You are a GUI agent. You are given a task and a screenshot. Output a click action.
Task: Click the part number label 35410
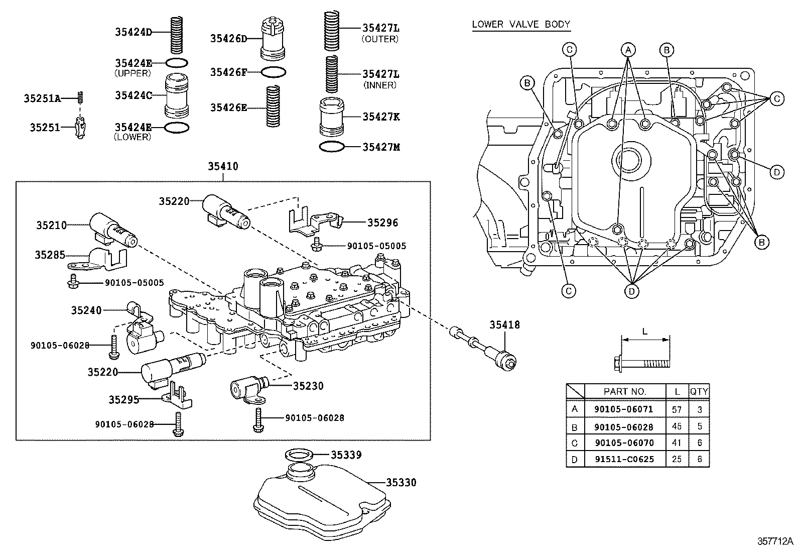pos(223,166)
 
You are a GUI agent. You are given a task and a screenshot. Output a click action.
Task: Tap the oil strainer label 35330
pos(401,483)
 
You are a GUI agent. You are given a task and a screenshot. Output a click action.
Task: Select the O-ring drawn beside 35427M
pos(331,147)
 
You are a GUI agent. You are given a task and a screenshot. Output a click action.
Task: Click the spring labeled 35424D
pos(176,34)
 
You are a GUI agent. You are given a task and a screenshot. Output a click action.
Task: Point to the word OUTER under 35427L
pos(380,39)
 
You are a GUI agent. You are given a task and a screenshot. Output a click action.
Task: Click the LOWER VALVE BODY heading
pos(521,24)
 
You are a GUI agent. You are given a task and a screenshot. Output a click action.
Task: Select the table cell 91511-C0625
pos(623,459)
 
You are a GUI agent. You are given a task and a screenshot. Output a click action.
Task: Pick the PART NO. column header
pos(624,391)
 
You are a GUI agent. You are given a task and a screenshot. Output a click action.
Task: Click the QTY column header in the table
pos(699,391)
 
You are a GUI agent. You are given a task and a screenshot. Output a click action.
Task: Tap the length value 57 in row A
pos(677,409)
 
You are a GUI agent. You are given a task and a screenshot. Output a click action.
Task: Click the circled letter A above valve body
pos(627,49)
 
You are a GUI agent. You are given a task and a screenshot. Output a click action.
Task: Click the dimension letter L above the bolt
pos(645,332)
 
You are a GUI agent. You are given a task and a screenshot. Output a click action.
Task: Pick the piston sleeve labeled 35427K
pos(331,117)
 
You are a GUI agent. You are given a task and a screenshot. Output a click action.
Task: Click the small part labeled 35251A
pos(79,97)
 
